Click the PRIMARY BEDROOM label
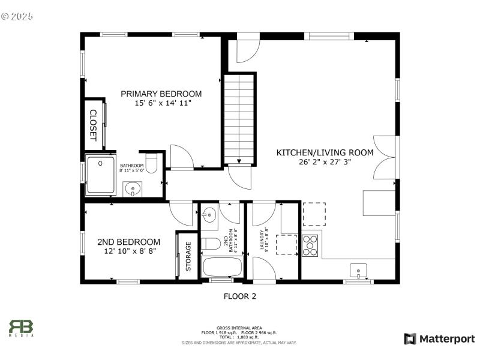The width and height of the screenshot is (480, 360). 161,94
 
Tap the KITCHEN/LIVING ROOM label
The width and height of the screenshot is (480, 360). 325,153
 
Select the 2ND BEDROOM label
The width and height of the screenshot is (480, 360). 128,242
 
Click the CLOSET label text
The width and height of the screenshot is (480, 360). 94,125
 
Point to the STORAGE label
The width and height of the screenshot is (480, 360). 188,256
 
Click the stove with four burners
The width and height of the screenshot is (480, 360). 310,244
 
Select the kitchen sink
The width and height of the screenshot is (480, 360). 358,271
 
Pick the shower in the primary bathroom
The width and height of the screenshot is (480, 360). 100,175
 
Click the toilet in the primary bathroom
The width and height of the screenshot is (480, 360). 152,163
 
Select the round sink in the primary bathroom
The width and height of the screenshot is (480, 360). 133,190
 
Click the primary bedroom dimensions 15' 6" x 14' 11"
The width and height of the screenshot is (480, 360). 161,104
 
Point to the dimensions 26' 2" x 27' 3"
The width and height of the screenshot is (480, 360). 325,162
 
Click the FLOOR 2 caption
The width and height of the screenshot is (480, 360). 240,296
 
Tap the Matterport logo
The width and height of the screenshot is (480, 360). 439,339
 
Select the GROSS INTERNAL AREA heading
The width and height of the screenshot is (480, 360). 239,328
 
